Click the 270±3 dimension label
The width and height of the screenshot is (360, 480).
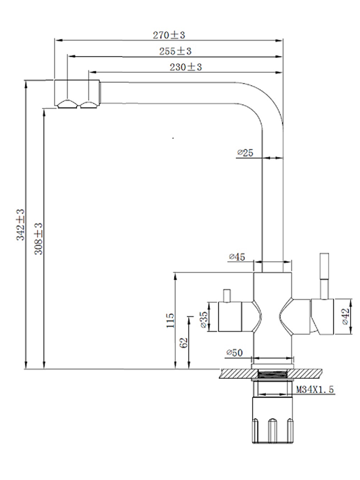coord(169,35)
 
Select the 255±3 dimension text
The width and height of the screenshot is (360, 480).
coord(175,51)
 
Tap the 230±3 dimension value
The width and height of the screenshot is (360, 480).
coord(186,67)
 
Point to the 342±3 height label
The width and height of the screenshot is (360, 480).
coord(21,225)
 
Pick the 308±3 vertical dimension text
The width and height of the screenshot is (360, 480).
coord(39,238)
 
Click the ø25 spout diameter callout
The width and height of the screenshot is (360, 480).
coord(245,153)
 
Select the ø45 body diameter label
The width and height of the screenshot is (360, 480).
coord(237,257)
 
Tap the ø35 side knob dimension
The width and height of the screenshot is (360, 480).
coord(204,320)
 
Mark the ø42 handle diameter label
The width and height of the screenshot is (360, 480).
coord(346,316)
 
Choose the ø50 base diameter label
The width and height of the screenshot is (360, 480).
coord(234,352)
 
